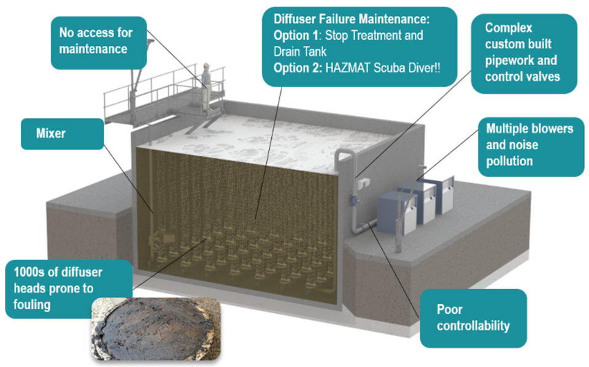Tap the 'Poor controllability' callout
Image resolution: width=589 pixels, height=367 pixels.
[472, 317]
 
